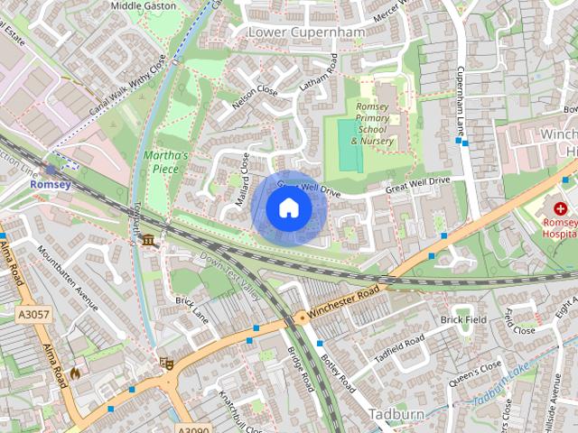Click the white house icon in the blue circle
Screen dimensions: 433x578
[x=289, y=208]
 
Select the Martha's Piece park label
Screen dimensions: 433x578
[x=164, y=161]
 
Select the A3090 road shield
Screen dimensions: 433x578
[x=193, y=428]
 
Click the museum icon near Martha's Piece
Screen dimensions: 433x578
[x=147, y=240]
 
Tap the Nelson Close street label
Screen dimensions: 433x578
[x=255, y=104]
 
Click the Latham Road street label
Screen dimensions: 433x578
[x=319, y=75]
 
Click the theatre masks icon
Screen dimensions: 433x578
[x=165, y=363]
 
